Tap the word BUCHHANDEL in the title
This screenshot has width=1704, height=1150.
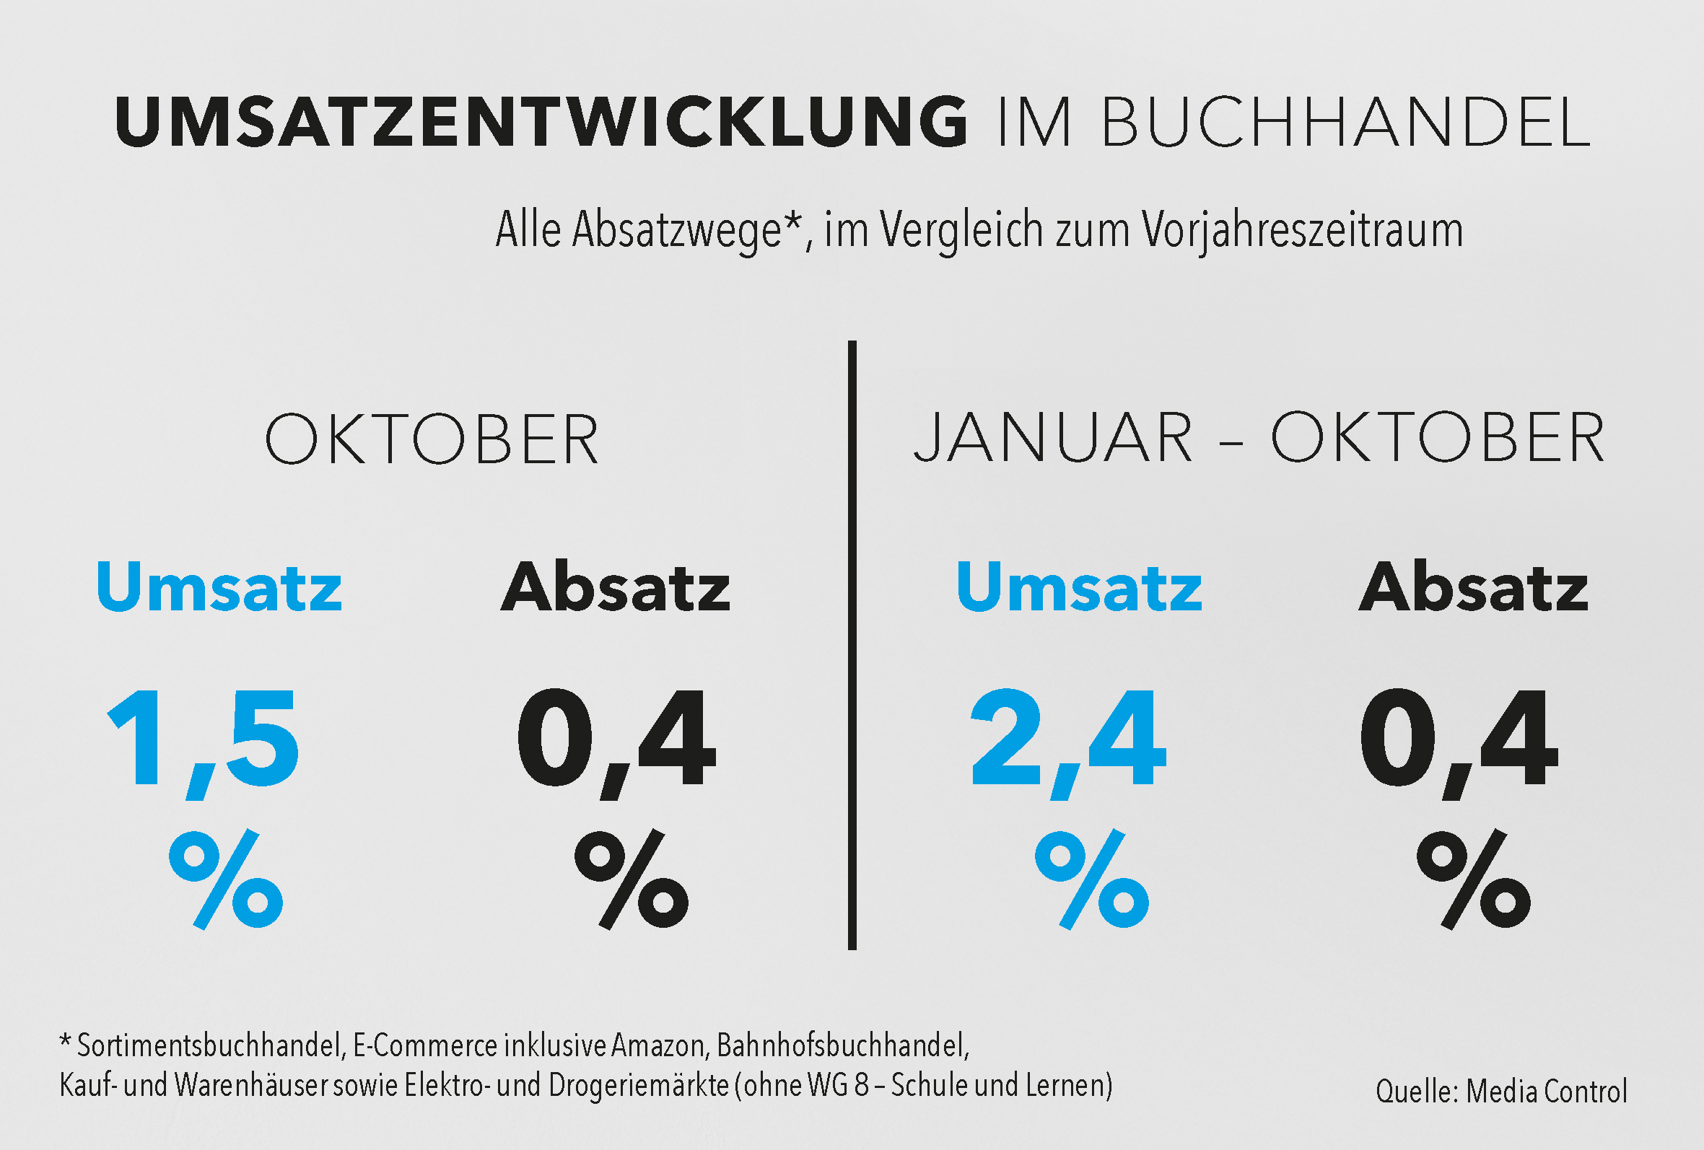tap(1345, 122)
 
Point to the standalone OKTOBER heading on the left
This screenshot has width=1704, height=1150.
tap(432, 439)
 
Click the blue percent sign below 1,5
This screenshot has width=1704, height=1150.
tap(226, 879)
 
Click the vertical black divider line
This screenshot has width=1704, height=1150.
tap(852, 645)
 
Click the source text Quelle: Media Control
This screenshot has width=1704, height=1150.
tap(1501, 1092)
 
